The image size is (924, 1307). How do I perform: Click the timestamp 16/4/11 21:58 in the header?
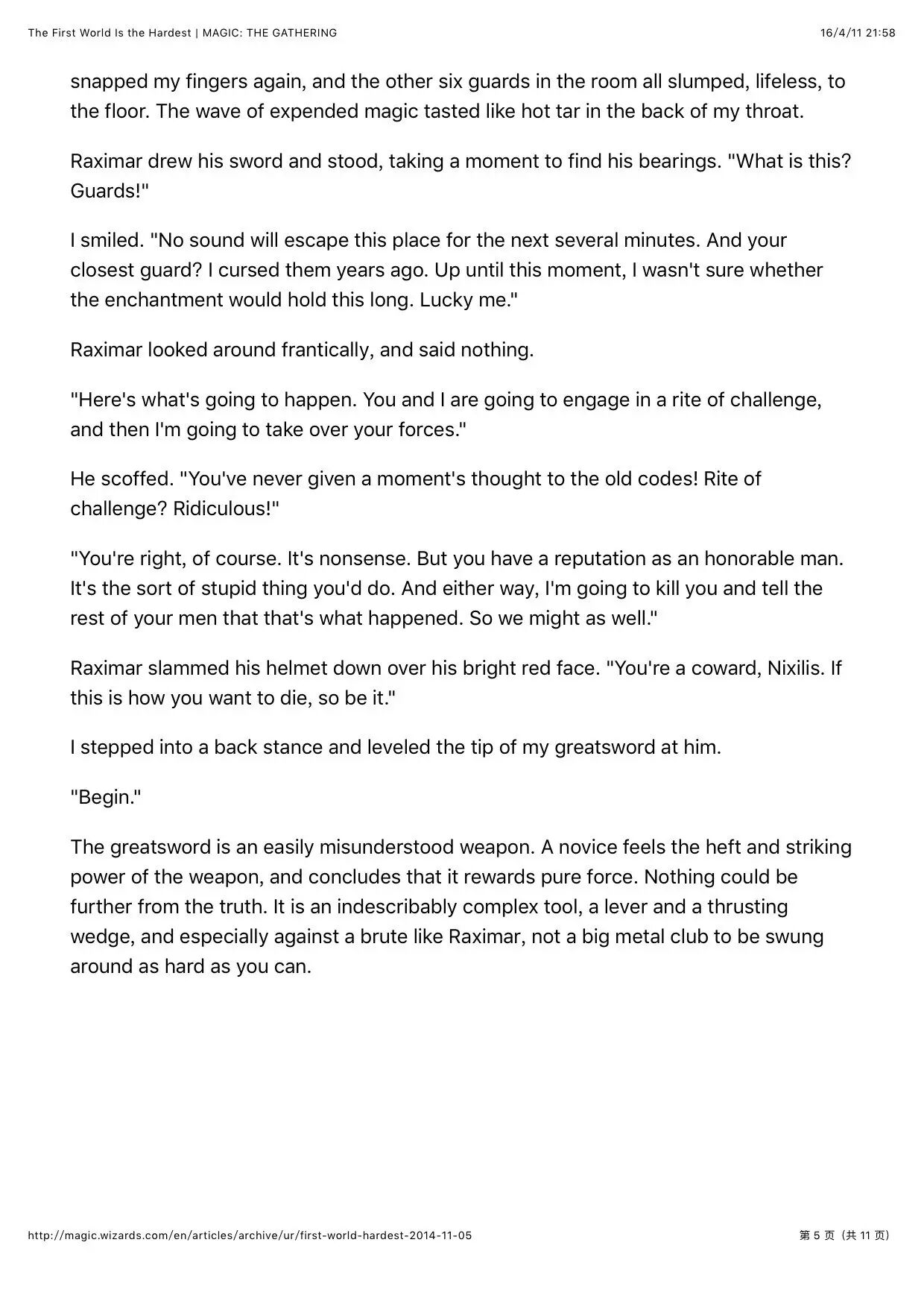pyautogui.click(x=858, y=33)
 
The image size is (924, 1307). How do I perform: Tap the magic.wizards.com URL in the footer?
pyautogui.click(x=250, y=1235)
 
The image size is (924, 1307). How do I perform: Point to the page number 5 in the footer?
pyautogui.click(x=816, y=1235)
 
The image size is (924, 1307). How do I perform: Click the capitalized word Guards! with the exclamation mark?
pyautogui.click(x=110, y=191)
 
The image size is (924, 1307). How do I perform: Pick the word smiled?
pyautogui.click(x=112, y=240)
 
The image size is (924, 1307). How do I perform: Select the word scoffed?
pyautogui.click(x=135, y=479)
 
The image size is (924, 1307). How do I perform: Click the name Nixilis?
pyautogui.click(x=797, y=668)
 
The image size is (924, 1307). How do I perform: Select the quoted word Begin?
pyautogui.click(x=106, y=797)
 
